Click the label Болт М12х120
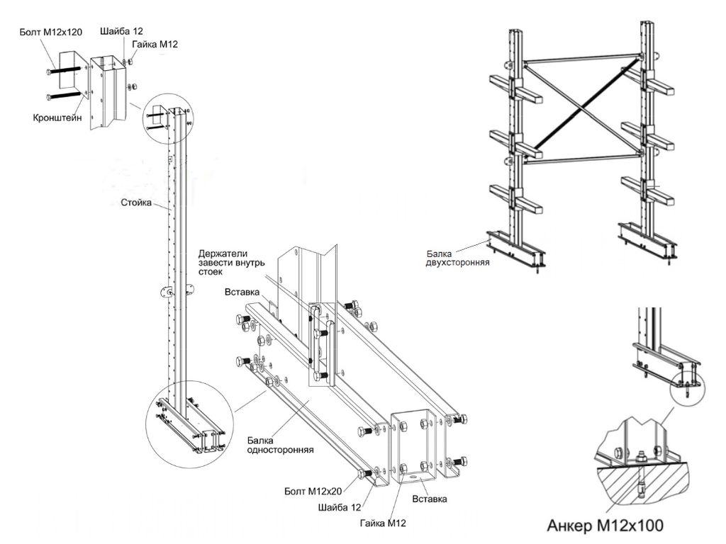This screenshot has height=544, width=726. click(51, 32)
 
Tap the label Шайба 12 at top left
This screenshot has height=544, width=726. click(121, 31)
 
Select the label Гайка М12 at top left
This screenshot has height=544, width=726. click(155, 45)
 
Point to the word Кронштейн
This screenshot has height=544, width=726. click(57, 118)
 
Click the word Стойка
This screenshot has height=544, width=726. click(136, 203)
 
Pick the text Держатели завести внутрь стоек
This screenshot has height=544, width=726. click(232, 262)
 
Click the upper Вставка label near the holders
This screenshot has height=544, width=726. click(242, 292)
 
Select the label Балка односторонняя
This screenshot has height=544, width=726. click(280, 445)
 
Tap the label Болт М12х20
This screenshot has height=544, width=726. click(313, 492)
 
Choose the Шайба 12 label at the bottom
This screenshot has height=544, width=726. click(340, 507)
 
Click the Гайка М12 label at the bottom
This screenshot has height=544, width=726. click(383, 523)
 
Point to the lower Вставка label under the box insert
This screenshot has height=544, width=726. click(429, 499)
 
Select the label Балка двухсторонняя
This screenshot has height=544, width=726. click(457, 258)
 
